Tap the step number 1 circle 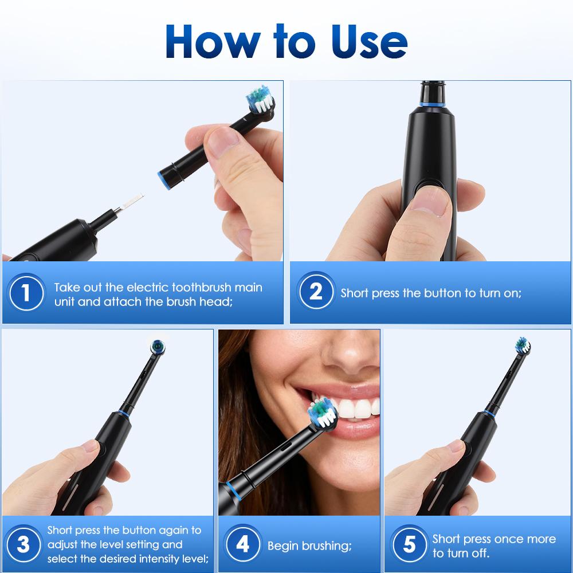(25, 293)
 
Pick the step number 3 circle (23, 544)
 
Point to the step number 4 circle (243, 544)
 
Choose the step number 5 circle (409, 544)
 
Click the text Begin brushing (309, 545)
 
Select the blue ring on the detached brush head (163, 179)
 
